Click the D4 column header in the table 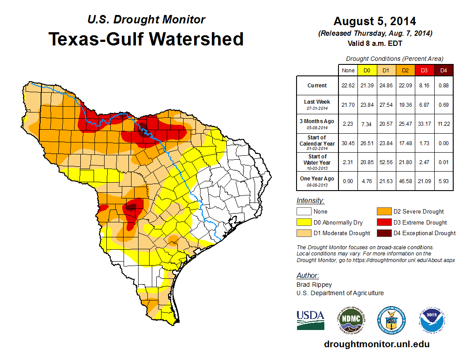(x=444, y=70)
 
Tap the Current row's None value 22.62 (x=348, y=86)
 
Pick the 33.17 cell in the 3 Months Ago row (x=424, y=124)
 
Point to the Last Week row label (x=317, y=104)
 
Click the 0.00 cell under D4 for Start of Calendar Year (x=444, y=143)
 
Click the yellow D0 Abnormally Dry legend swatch (x=304, y=222)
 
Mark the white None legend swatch (x=304, y=212)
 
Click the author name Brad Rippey (x=314, y=285)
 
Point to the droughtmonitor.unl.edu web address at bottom (x=376, y=344)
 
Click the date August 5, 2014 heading (x=375, y=21)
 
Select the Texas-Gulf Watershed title (x=146, y=39)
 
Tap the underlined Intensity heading (x=310, y=201)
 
